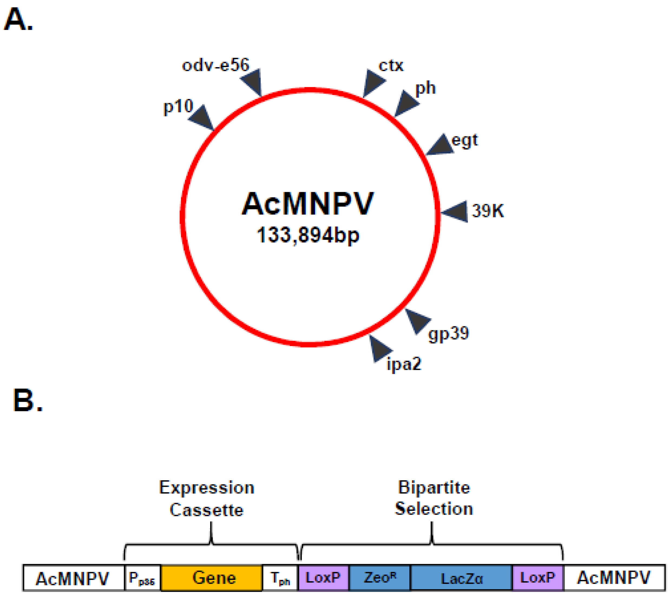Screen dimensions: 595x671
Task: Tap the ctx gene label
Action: [391, 66]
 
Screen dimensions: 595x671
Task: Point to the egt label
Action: [464, 140]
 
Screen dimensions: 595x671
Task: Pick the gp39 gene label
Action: [449, 333]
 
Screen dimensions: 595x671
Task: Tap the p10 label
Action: [178, 106]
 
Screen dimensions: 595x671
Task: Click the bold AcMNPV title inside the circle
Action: [308, 204]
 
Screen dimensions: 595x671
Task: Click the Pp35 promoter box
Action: [142, 578]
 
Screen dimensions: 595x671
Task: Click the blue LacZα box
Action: [461, 578]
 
